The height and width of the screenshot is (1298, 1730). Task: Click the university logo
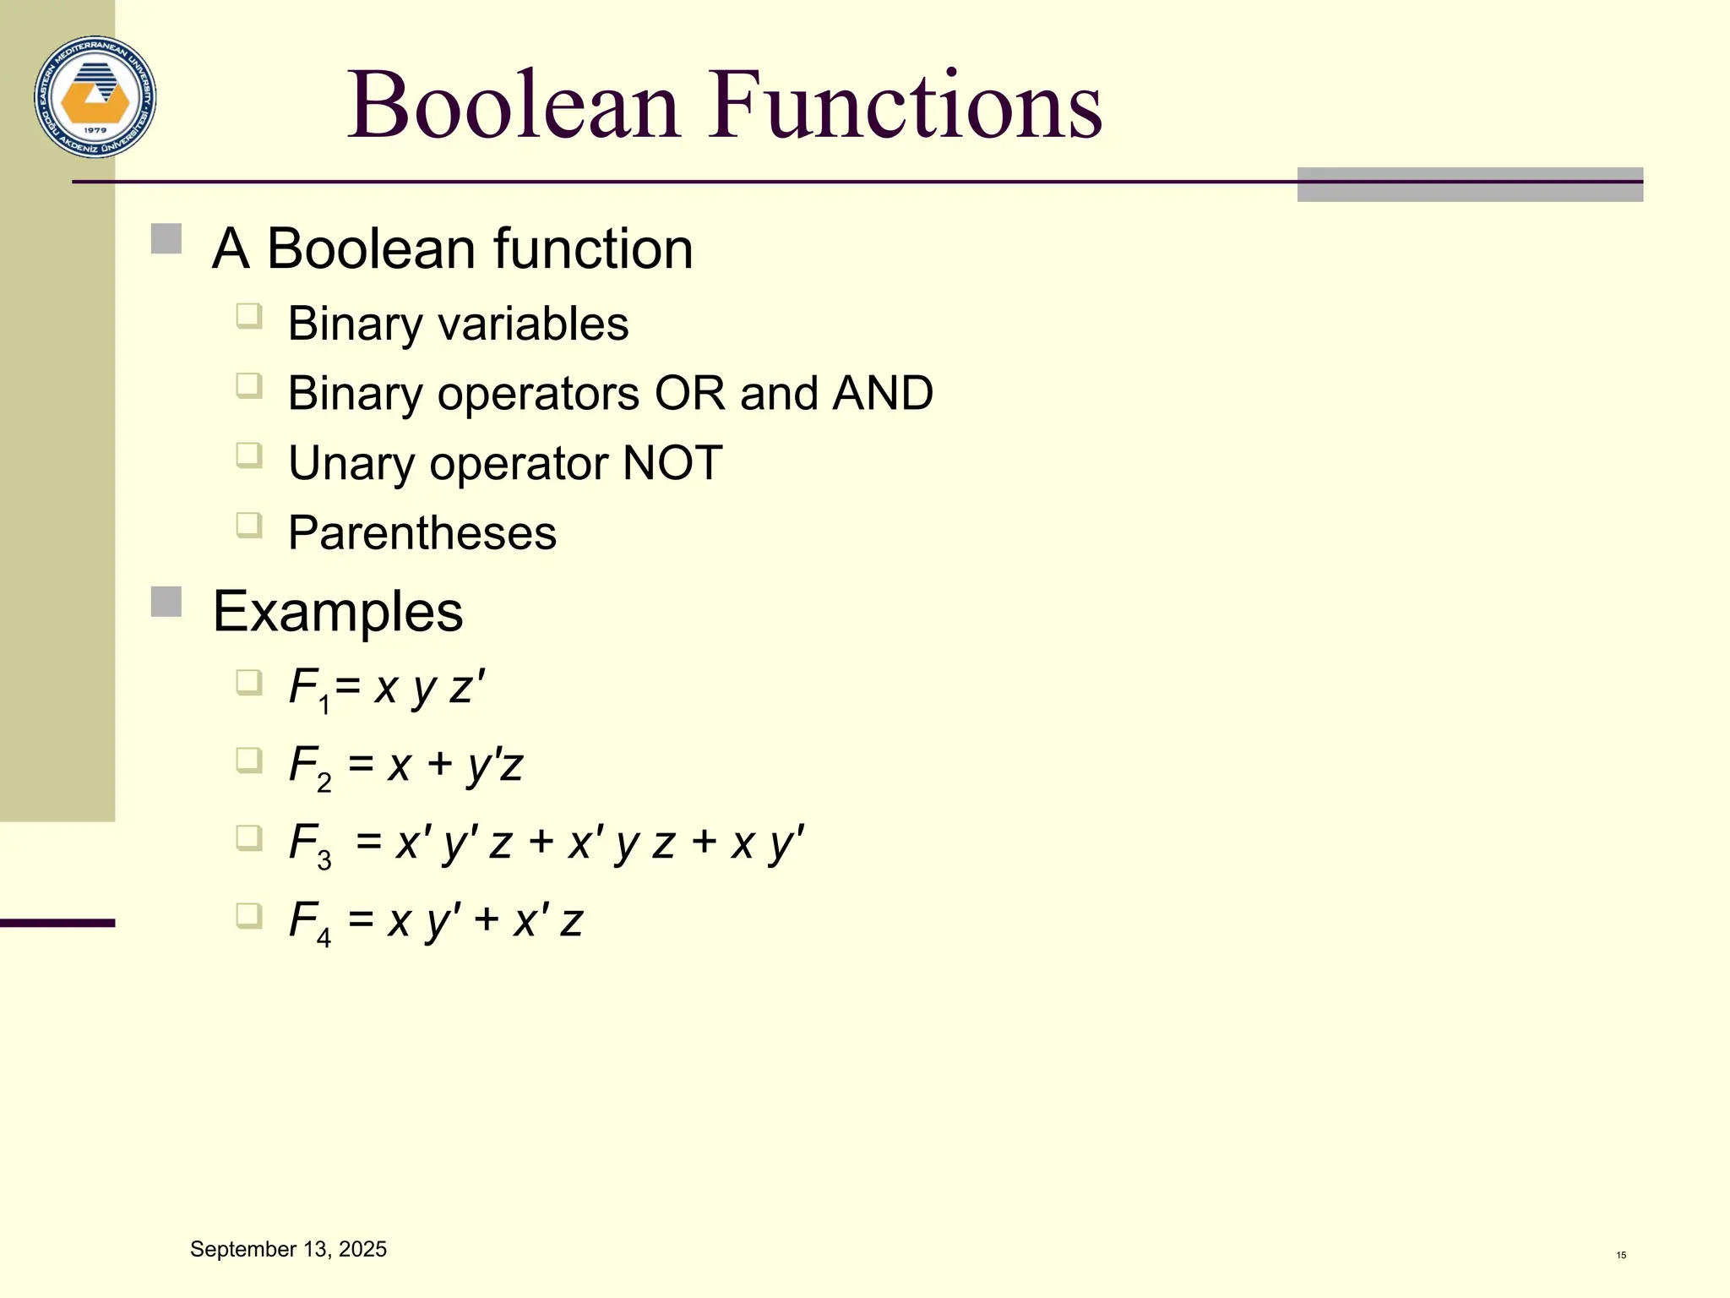click(95, 97)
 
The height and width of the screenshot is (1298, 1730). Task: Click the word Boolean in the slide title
click(514, 105)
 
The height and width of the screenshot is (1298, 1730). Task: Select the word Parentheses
click(422, 533)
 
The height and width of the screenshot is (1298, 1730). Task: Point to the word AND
click(883, 394)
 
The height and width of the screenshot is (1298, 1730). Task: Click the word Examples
click(338, 612)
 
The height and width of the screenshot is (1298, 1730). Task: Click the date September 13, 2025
click(288, 1249)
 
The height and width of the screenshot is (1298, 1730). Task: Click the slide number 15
click(1621, 1255)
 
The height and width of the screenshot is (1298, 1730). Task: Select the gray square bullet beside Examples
click(166, 603)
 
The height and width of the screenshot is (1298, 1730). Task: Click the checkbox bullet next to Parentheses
click(249, 526)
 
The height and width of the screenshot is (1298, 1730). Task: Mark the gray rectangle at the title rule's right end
click(1470, 184)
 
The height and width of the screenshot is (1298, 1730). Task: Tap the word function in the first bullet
click(593, 250)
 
